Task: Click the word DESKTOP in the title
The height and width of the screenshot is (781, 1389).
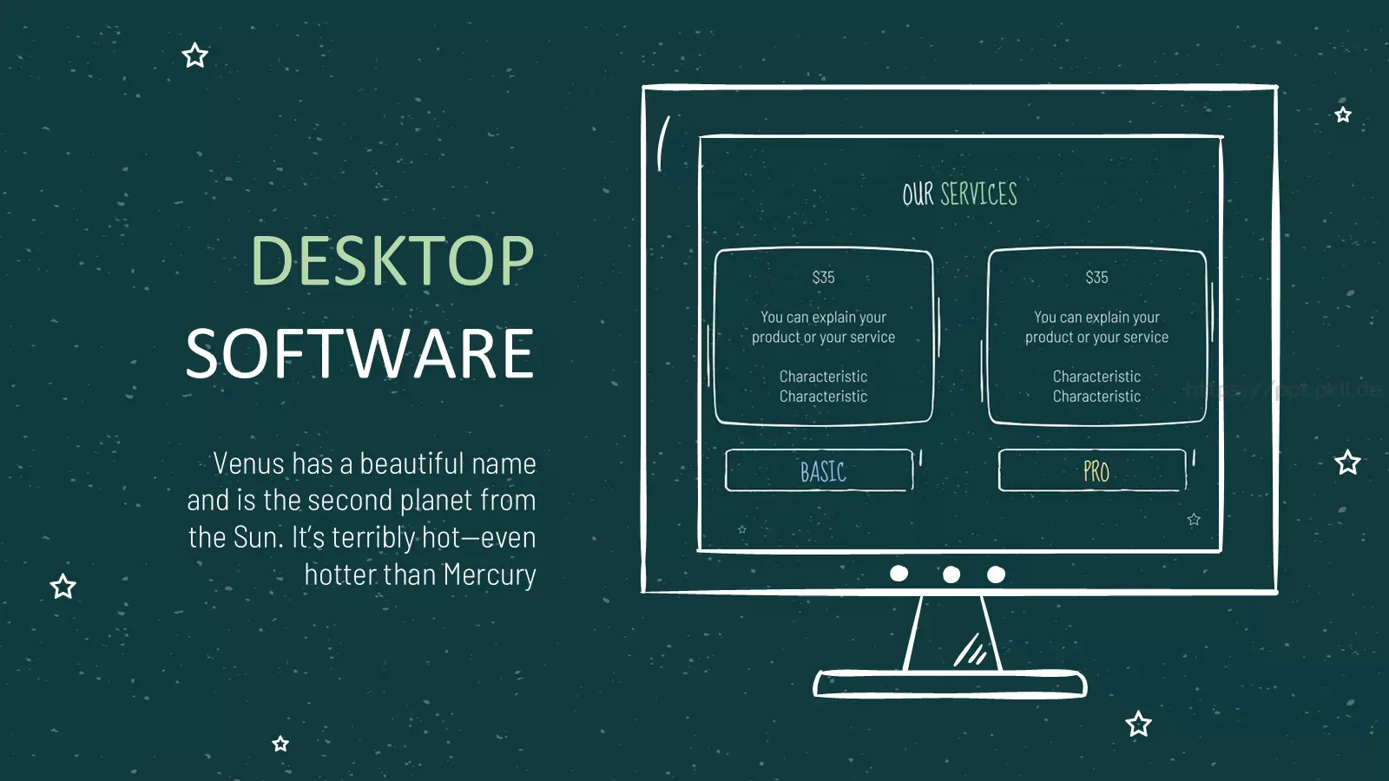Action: tap(392, 260)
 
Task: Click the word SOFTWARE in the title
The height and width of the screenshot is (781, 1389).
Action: tap(359, 353)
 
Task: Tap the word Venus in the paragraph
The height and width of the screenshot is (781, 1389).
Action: tap(248, 463)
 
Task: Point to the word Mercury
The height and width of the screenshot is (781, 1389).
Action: tap(490, 575)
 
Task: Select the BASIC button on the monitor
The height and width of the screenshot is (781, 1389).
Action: tap(820, 470)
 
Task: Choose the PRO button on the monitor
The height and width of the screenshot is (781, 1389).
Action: tap(1093, 470)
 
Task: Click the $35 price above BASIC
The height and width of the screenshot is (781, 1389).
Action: tap(824, 277)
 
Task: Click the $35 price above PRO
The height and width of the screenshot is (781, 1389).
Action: tap(1097, 277)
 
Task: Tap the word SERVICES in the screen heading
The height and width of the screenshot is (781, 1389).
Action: tap(979, 194)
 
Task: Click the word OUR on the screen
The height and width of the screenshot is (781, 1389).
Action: tap(918, 194)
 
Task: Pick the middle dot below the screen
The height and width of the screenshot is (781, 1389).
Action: tap(951, 574)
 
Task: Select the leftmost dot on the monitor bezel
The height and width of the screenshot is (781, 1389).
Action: tap(899, 574)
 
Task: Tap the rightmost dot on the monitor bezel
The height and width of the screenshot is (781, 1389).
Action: tap(996, 574)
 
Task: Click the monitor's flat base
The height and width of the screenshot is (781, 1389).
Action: tap(950, 684)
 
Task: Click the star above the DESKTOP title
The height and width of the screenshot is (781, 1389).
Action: tap(194, 56)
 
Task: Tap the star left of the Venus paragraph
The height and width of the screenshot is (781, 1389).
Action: tap(63, 587)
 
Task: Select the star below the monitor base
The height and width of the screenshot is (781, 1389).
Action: tap(1138, 724)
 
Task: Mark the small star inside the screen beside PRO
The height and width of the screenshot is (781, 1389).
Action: tap(1194, 520)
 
